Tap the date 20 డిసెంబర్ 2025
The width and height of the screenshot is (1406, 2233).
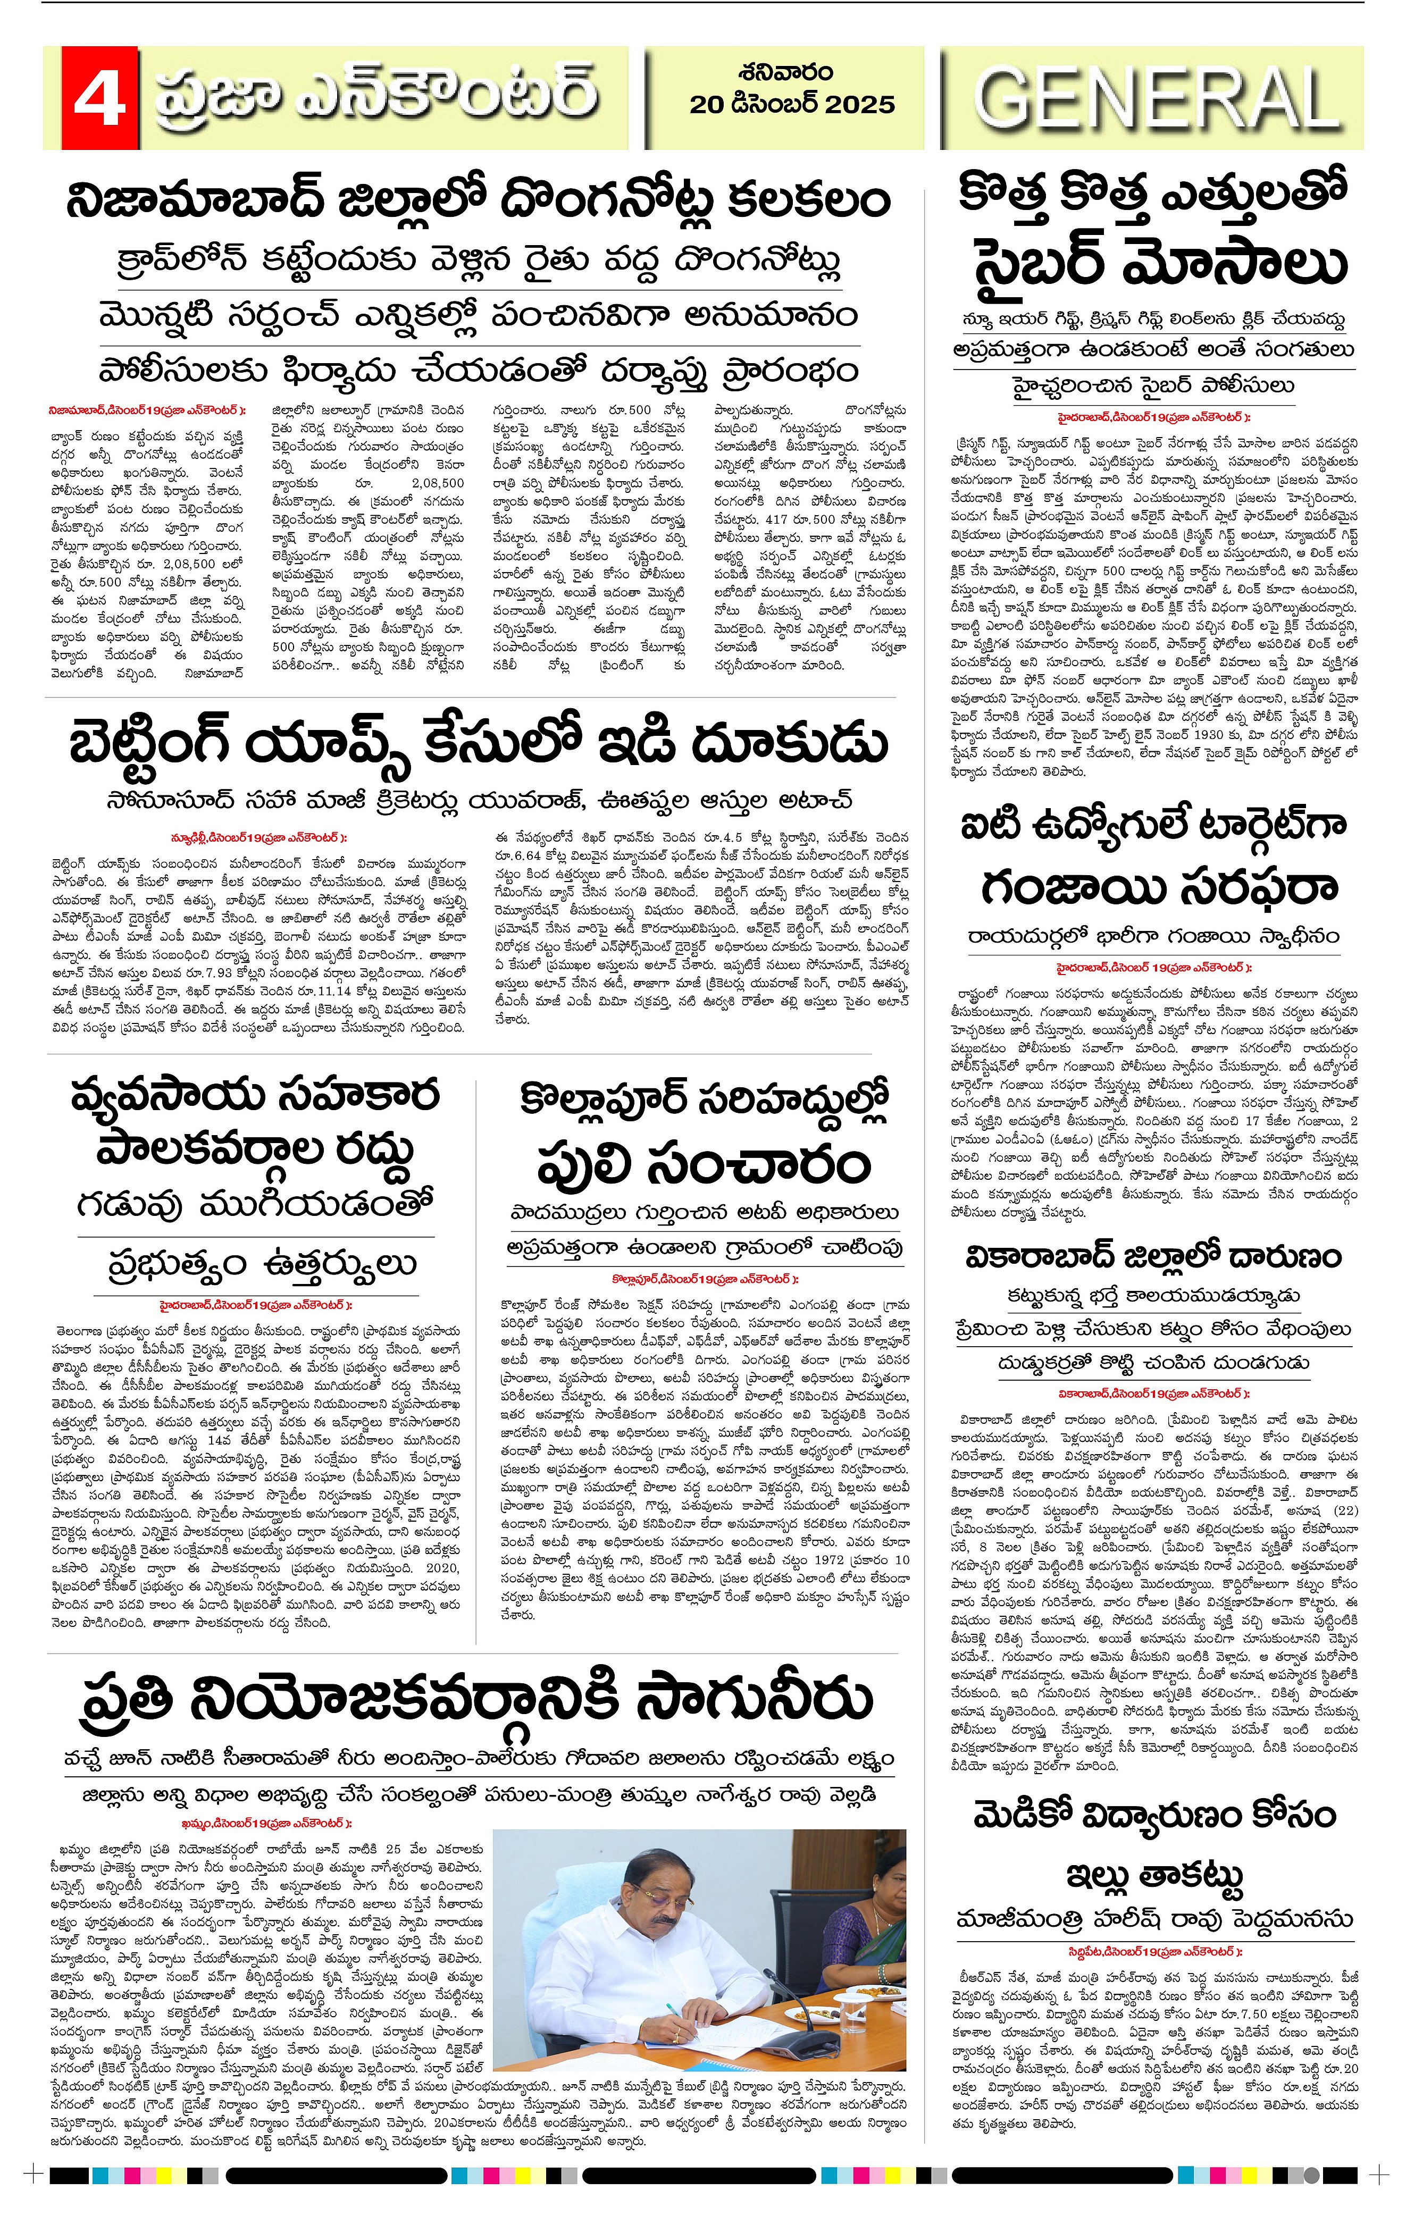click(x=791, y=104)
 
